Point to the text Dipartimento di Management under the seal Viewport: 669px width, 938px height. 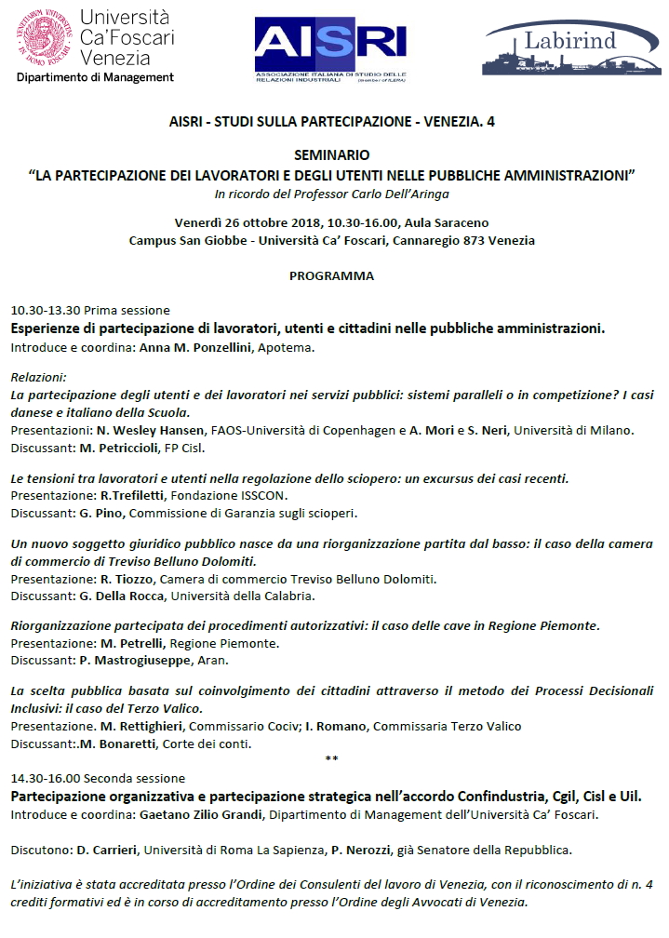click(95, 77)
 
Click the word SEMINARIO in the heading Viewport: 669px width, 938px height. click(332, 155)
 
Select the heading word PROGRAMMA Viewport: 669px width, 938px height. click(331, 276)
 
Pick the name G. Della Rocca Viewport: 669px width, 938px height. click(117, 596)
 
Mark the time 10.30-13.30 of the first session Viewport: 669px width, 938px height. click(46, 310)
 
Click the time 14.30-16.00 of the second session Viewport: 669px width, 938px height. click(46, 778)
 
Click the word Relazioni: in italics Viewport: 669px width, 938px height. click(38, 377)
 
